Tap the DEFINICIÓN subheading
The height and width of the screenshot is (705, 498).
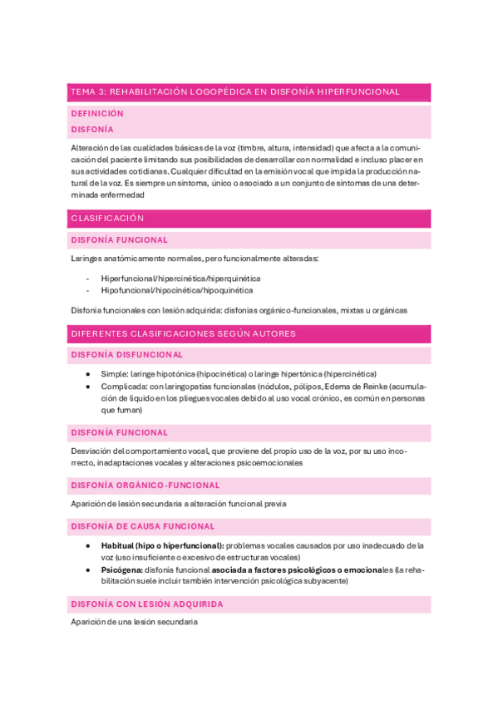pos(97,113)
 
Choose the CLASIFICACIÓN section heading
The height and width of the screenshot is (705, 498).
pos(108,218)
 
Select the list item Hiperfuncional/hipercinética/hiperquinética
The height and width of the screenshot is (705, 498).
pos(180,278)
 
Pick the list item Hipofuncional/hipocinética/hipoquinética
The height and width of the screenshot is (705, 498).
pos(177,291)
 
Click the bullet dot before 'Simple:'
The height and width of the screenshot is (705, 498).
pos(89,374)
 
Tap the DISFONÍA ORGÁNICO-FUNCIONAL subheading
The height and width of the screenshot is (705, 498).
pos(145,485)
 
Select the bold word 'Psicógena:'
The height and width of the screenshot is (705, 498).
pos(121,569)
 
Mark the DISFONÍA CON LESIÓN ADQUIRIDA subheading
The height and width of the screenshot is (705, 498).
pos(147,604)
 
